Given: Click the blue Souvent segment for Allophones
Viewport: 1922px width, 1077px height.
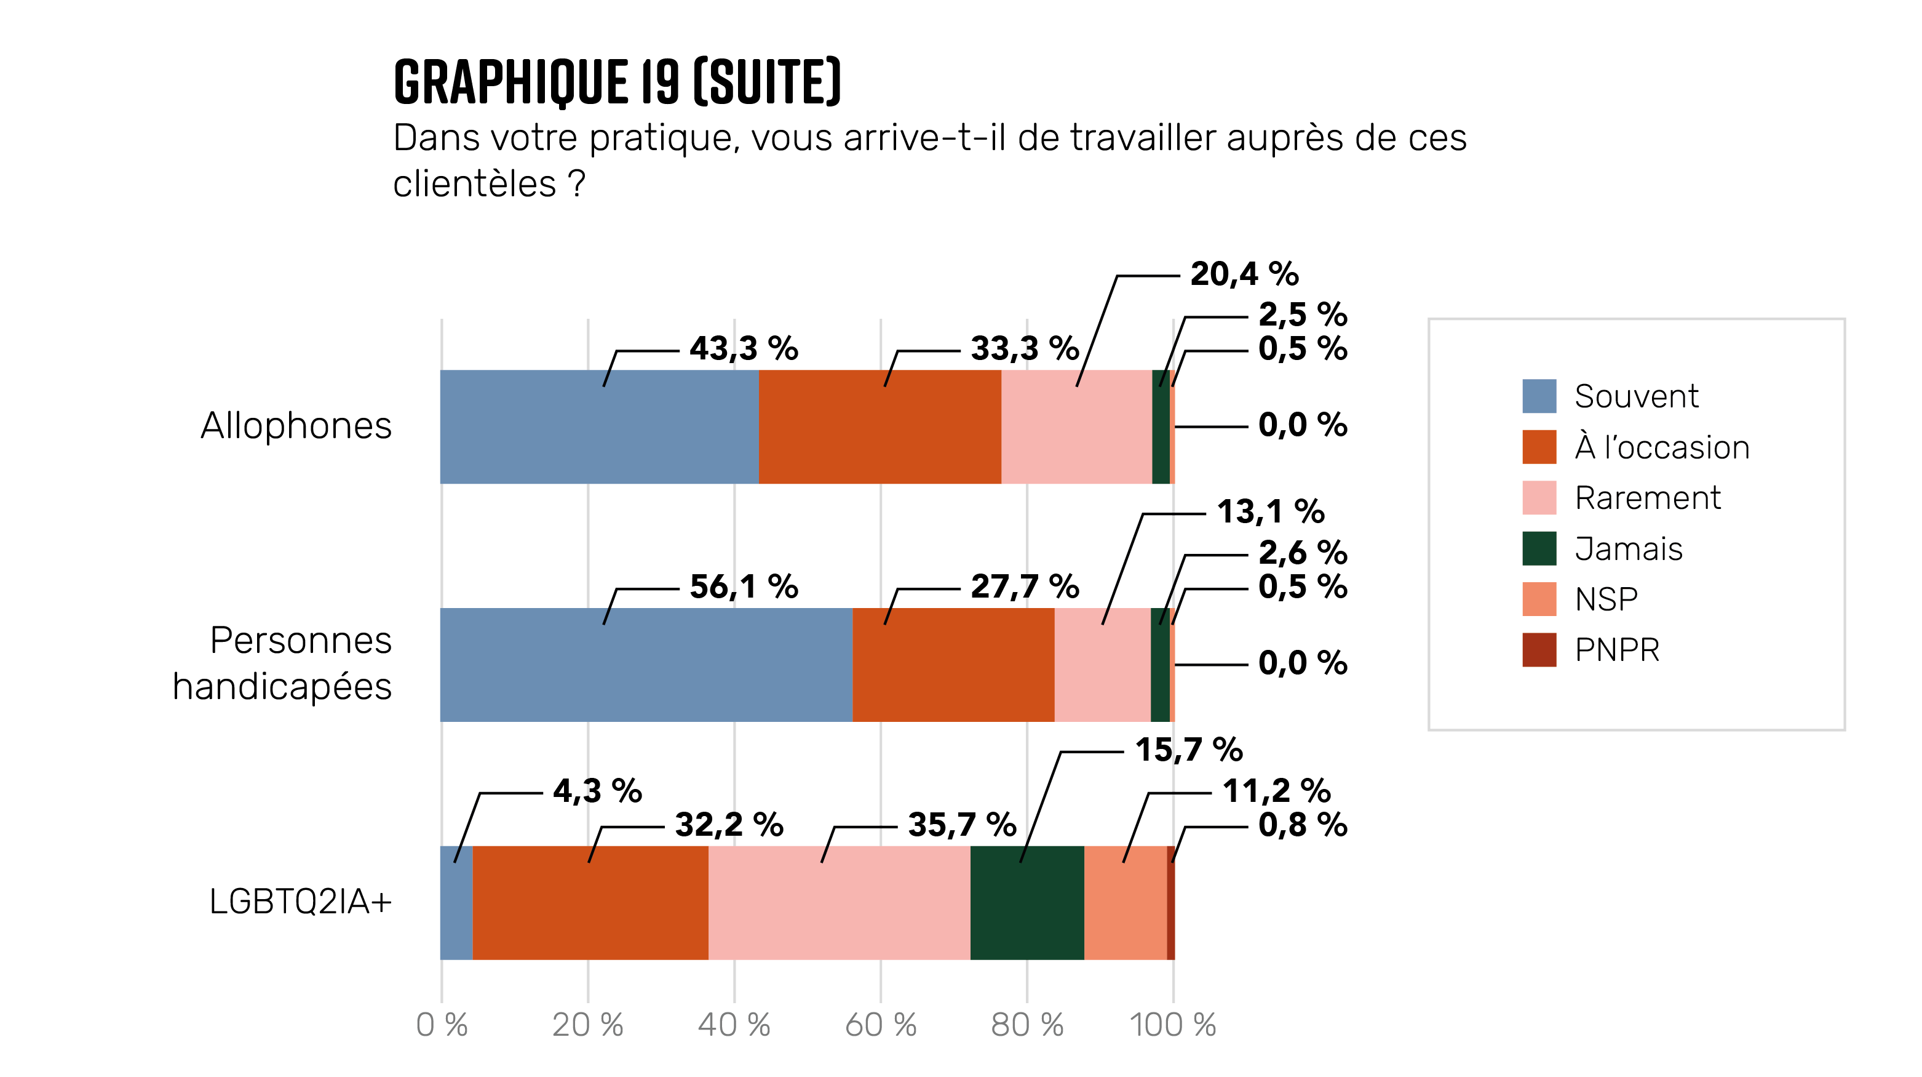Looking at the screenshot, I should pyautogui.click(x=599, y=427).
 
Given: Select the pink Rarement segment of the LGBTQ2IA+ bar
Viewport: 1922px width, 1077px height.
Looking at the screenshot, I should pyautogui.click(x=840, y=902).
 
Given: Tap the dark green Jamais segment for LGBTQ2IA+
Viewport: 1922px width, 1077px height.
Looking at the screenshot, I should pyautogui.click(x=1027, y=902).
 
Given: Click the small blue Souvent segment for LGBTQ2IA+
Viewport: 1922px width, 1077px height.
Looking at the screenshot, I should pyautogui.click(x=456, y=902).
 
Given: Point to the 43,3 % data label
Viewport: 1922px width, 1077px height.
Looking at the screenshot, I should pyautogui.click(x=743, y=348).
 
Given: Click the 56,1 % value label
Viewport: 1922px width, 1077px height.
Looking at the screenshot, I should pyautogui.click(x=743, y=587).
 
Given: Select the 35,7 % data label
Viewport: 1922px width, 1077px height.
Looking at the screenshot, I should pyautogui.click(x=962, y=825).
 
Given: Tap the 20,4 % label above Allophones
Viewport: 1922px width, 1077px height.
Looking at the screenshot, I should pyautogui.click(x=1244, y=274).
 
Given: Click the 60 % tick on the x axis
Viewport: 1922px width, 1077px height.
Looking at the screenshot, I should pyautogui.click(x=880, y=1025).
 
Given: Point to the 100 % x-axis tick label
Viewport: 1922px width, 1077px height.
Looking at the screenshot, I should pyautogui.click(x=1172, y=1025).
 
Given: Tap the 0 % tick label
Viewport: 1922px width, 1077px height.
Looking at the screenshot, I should pyautogui.click(x=442, y=1025).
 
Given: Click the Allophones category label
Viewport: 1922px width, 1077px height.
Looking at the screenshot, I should pyautogui.click(x=296, y=426).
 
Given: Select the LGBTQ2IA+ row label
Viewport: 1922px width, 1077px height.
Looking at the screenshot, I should pyautogui.click(x=300, y=902).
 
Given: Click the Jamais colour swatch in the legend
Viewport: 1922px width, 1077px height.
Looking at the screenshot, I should pyautogui.click(x=1538, y=548).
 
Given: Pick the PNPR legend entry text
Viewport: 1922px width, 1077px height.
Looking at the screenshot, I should pyautogui.click(x=1617, y=650).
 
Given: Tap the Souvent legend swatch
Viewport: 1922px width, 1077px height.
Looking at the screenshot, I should pyautogui.click(x=1538, y=396).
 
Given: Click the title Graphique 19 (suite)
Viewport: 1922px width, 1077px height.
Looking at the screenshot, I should pyautogui.click(x=617, y=82).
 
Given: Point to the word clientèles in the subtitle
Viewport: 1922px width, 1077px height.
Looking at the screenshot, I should pyautogui.click(x=475, y=183).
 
